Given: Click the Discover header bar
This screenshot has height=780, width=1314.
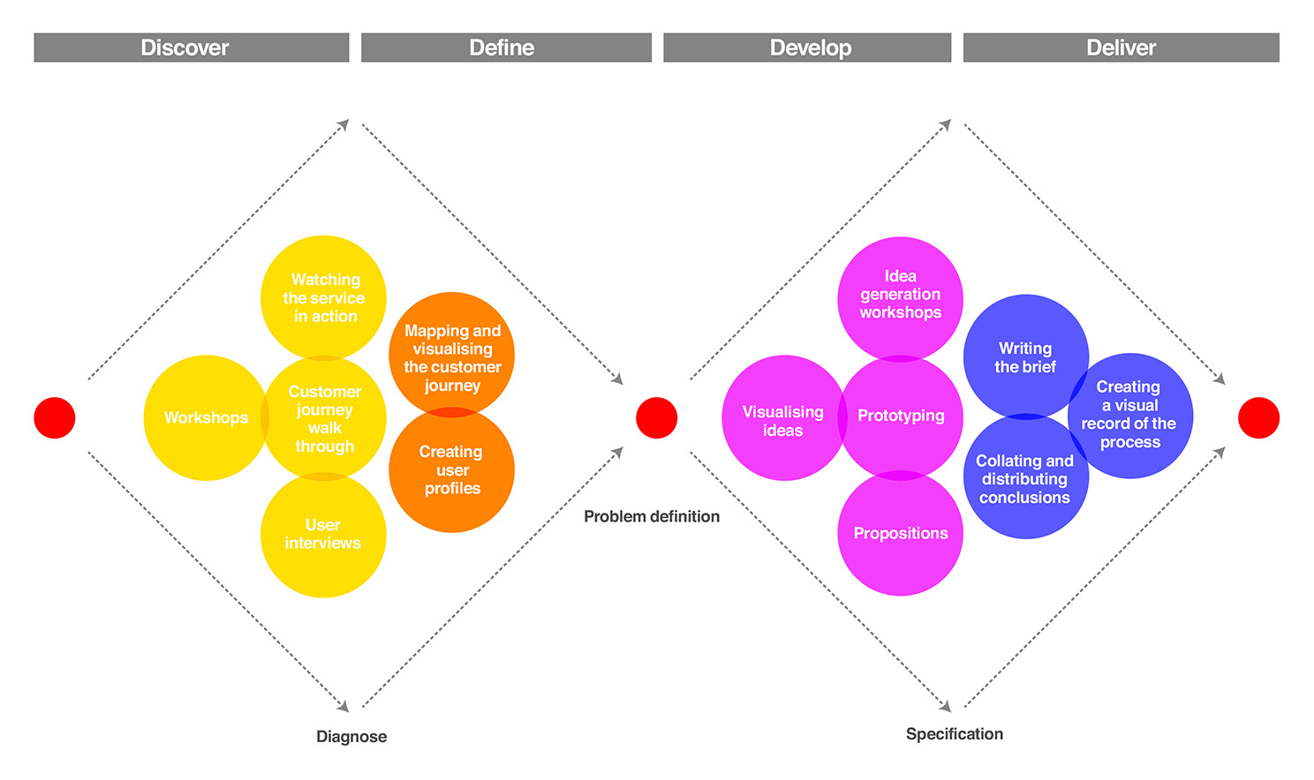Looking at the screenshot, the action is pos(192,48).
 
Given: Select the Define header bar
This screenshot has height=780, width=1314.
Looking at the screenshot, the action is pos(506,48).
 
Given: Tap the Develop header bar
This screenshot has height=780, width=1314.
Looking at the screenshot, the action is pos(807,48).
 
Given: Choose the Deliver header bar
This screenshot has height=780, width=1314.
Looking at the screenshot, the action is pos(1121,48).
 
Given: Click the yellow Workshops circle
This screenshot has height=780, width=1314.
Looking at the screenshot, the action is pos(206,418).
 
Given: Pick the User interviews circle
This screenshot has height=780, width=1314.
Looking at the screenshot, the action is pos(323,535).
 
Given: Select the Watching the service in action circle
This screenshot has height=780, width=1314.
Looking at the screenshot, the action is pos(323,297).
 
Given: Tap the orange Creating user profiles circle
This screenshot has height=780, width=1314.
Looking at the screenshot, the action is pos(452,470).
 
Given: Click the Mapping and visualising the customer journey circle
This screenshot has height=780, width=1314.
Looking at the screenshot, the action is pos(452,355).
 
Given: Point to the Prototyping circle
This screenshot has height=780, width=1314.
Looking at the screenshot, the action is pos(901,417).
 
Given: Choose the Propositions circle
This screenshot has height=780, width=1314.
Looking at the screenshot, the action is pos(901,533).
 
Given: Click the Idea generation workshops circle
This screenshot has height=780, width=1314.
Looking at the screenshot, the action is pos(901,299).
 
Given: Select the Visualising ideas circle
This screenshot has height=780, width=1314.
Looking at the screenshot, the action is pos(785,418).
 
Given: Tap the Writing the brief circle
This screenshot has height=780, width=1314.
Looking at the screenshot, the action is pos(1026,356).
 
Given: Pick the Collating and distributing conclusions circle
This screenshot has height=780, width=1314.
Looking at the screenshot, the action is pos(1026,476).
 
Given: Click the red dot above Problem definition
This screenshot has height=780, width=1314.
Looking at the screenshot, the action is pos(656,418).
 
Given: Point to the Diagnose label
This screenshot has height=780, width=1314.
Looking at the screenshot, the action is pos(351,737).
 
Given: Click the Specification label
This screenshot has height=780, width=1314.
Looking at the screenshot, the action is pos(955,734).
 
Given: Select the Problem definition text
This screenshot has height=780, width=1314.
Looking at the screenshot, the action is pos(652,516).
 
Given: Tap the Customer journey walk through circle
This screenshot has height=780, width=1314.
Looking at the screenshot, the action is pos(323,418).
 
